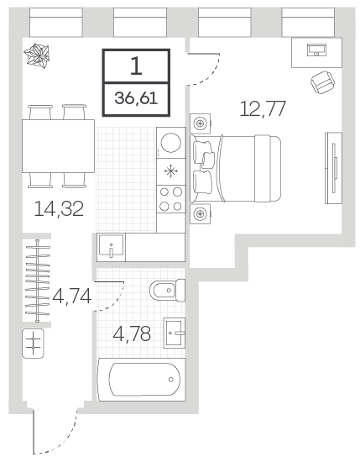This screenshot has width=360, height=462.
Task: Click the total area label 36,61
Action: [136, 98]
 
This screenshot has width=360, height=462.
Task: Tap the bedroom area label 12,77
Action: [263, 108]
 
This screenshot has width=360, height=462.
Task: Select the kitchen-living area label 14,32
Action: [59, 208]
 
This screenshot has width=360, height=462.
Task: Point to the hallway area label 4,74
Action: [72, 297]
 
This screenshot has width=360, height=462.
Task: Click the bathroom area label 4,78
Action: [132, 333]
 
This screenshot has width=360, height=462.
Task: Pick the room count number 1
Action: [136, 66]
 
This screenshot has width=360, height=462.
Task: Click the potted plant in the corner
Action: [37, 56]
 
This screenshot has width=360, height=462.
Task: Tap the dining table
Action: [58, 146]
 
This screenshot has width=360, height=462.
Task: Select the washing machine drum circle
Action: [171, 143]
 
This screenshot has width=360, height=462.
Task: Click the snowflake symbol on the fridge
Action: [171, 171]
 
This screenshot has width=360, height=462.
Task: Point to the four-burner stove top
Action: [171, 199]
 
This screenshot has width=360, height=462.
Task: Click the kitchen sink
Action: [111, 247]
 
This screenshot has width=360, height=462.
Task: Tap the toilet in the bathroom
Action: [168, 291]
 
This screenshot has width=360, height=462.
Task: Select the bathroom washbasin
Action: [175, 333]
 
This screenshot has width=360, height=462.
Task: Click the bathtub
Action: [142, 380]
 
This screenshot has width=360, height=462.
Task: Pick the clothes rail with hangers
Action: [38, 281]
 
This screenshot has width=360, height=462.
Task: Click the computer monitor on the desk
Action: [316, 50]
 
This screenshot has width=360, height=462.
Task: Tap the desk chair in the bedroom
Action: [323, 82]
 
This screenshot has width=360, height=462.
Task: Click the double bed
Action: [236, 168]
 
